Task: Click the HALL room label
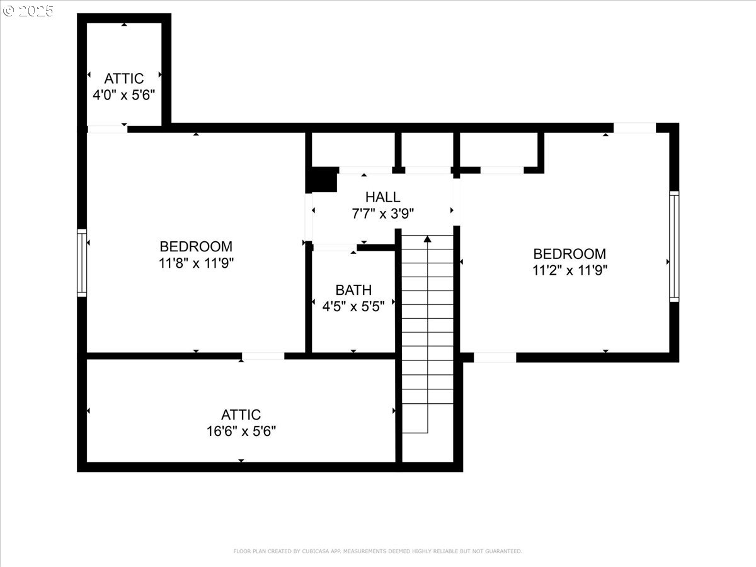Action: point(382,197)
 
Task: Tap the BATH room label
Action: point(353,290)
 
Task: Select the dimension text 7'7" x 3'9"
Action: point(382,214)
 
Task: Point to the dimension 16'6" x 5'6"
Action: point(241,432)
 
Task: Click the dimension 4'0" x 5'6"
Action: point(124,94)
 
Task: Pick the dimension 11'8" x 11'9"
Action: point(196,263)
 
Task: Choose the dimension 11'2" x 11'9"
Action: point(570,270)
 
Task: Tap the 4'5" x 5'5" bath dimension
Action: point(353,306)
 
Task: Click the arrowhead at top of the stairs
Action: point(427,239)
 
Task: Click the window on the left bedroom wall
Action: point(82,263)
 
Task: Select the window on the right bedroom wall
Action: point(674,246)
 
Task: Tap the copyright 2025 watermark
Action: point(28,11)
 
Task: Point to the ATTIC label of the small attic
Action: point(124,79)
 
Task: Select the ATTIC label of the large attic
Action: point(241,415)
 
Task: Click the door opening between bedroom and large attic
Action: point(263,356)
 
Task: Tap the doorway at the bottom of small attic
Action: point(108,129)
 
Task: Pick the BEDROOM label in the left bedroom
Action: point(196,247)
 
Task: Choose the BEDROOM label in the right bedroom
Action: point(570,254)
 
